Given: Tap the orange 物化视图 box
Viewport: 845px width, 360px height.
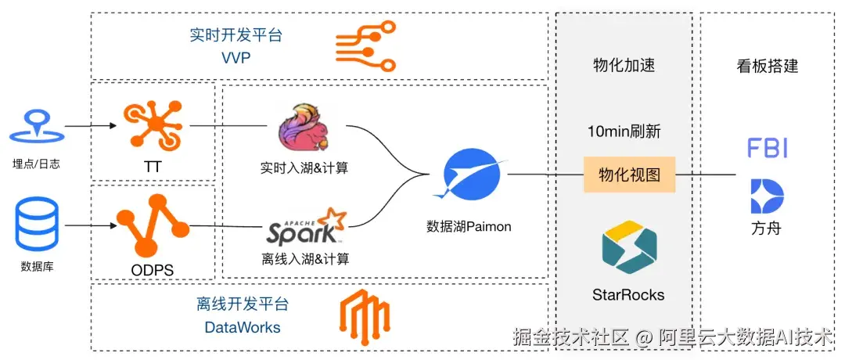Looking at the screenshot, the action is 629,175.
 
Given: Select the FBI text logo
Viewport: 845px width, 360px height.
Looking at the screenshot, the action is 768,148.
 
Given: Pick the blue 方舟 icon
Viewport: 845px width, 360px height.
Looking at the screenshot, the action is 767,196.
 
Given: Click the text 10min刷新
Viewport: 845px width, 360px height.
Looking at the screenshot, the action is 624,132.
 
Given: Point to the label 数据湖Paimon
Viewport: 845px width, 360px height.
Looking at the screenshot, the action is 469,227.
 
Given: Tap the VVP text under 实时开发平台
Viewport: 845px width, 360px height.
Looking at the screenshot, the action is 236,57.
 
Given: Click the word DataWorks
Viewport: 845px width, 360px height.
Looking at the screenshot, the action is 243,327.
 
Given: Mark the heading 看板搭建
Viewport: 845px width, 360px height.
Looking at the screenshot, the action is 767,67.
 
